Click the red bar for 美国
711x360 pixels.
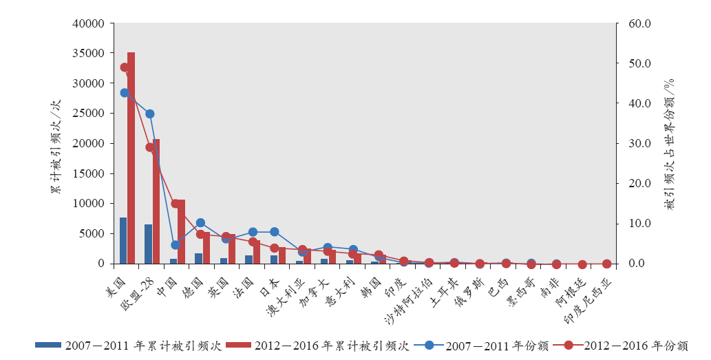131,158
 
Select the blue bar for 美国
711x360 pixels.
123,240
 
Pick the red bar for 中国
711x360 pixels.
181,231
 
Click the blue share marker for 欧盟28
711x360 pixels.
149,114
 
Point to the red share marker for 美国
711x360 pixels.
125,67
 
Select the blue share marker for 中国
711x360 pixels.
175,244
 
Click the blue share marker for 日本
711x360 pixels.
275,232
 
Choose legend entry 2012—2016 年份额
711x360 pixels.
619,346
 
